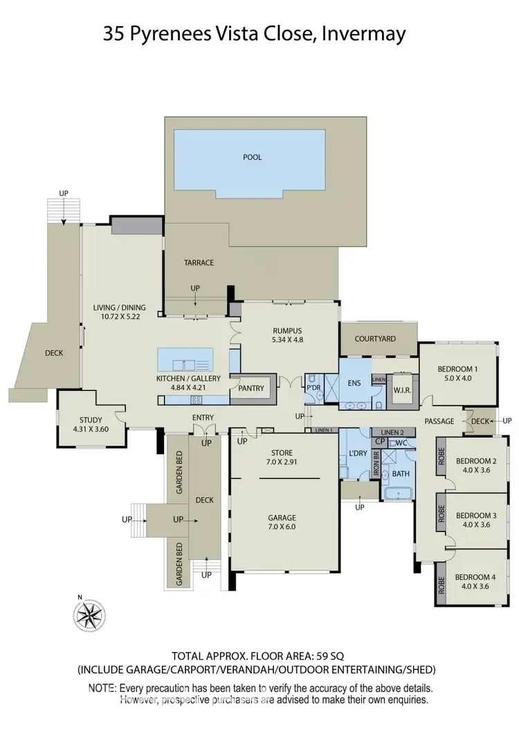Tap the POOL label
tap(253, 157)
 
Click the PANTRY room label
tap(251, 388)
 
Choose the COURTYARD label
tap(375, 339)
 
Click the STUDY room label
tap(91, 419)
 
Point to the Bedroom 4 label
tap(475, 577)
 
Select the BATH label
tap(401, 474)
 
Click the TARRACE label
tap(199, 263)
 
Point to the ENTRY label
tap(203, 417)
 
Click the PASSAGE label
tap(439, 421)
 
